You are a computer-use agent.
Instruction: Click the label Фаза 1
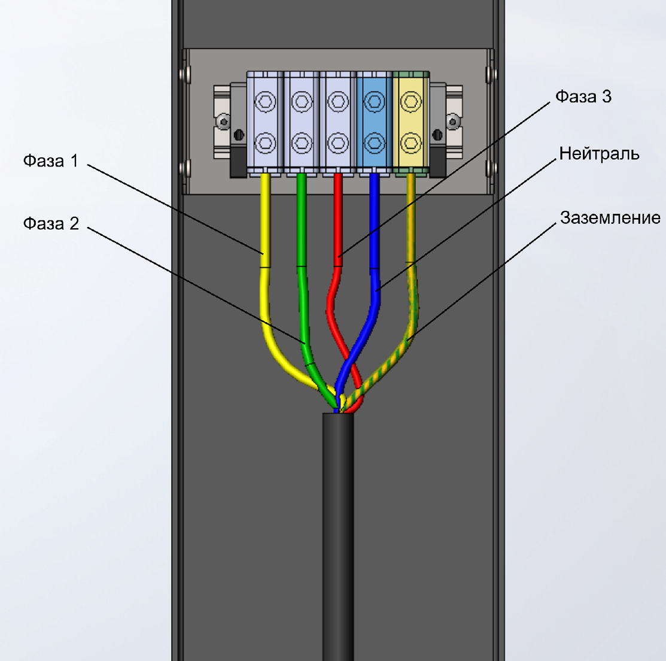pos(51,161)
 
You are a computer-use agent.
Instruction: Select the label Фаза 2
pos(51,224)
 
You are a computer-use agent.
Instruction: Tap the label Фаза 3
pos(583,96)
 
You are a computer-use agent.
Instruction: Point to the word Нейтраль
pos(599,154)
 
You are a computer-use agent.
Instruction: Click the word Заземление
pos(610,217)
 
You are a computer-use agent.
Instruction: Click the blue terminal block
pos(374,123)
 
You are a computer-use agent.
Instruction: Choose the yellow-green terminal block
pos(410,123)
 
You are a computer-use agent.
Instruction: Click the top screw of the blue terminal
pos(374,101)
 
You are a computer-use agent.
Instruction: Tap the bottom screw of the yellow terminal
pos(410,143)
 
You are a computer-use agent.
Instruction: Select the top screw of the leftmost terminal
pos(265,101)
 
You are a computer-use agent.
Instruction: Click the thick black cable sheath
pos(338,539)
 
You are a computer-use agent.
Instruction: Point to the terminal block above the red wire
pos(338,123)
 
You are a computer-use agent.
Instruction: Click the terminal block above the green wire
pos(302,123)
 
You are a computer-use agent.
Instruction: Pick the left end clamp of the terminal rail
pos(229,129)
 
